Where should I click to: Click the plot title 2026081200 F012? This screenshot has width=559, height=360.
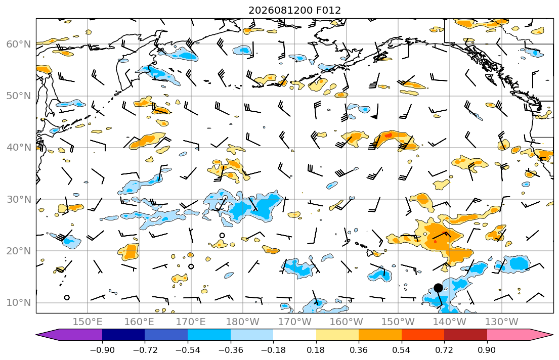click(x=294, y=10)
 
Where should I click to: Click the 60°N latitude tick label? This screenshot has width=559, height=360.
click(x=19, y=44)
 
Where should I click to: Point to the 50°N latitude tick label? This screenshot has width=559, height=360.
click(x=19, y=96)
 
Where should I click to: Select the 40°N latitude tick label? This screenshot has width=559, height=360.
click(x=19, y=148)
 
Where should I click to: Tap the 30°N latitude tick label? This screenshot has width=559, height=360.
click(x=19, y=199)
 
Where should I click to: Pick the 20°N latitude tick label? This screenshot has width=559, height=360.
click(x=19, y=251)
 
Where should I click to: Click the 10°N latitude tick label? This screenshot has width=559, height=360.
click(x=19, y=303)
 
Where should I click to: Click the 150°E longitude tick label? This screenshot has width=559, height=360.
click(x=88, y=322)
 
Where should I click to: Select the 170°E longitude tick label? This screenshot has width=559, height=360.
click(x=191, y=322)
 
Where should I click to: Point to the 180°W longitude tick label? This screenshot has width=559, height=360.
click(x=243, y=322)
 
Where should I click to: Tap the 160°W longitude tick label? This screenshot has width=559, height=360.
click(x=346, y=322)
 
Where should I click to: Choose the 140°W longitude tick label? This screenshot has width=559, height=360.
click(x=450, y=322)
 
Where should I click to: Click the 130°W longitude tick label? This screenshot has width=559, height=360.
click(x=502, y=322)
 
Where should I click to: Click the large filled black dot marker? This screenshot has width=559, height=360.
click(x=438, y=288)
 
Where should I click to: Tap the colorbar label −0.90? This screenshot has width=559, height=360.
click(x=102, y=350)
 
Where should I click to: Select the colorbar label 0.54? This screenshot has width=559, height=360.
click(x=402, y=350)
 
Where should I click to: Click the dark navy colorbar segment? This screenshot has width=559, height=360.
click(x=123, y=335)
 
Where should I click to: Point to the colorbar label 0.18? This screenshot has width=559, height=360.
click(x=316, y=350)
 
